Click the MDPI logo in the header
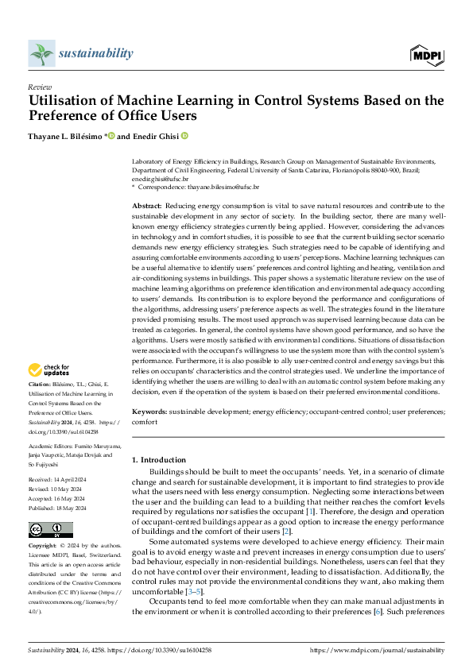pyautogui.click(x=428, y=54)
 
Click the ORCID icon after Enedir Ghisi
pyautogui.click(x=184, y=135)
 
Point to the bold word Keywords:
pyautogui.click(x=150, y=413)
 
